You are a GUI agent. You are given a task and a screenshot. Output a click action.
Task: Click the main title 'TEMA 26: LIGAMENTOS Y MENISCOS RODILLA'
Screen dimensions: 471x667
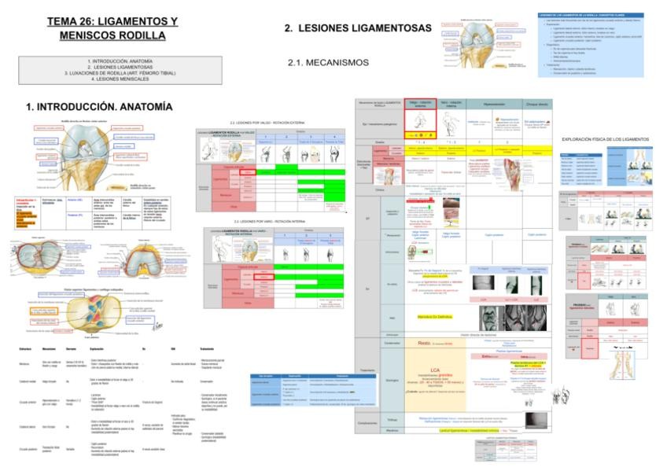click(x=112, y=29)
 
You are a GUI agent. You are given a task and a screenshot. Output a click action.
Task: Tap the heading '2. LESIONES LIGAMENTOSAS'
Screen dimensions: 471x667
click(x=358, y=28)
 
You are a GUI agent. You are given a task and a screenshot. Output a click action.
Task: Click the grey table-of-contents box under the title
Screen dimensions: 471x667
click(x=109, y=70)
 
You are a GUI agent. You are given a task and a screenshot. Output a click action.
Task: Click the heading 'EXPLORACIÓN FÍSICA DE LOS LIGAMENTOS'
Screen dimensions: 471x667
click(x=605, y=139)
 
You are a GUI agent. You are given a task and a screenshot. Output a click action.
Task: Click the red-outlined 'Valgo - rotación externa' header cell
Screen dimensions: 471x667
click(x=421, y=104)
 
